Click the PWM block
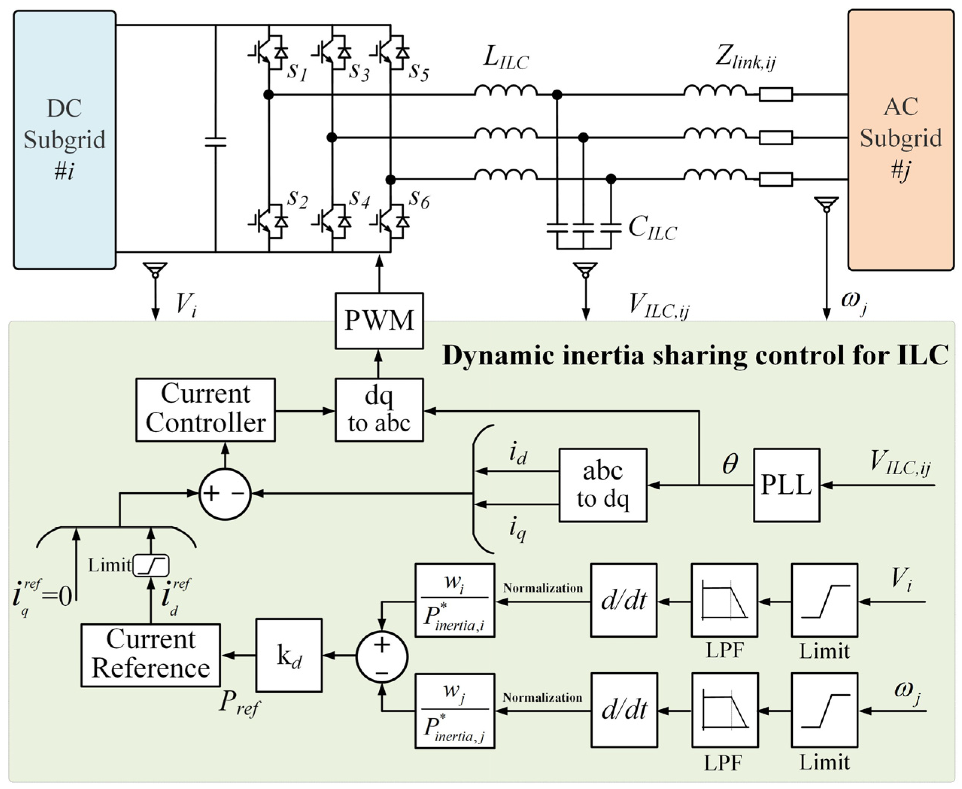pos(379,321)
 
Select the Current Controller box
pos(206,410)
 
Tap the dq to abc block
pos(379,410)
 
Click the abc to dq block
pos(603,485)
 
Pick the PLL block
pos(787,485)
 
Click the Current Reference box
pos(151,655)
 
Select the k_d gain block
pos(289,655)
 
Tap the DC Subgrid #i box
pos(64,140)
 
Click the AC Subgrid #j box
pos(901,140)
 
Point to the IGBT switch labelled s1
pos(269,53)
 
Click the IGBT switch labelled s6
pos(390,221)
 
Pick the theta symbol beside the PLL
pos(730,464)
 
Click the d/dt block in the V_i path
pos(624,600)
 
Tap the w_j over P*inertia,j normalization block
pos(454,710)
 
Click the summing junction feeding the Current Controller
pos(225,494)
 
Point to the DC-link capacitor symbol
pos(215,141)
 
